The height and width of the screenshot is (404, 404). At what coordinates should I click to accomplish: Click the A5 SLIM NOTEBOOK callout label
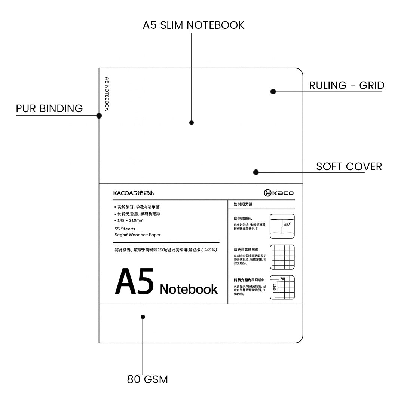pos(193,25)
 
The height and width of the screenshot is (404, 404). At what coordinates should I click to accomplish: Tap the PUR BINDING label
pos(49,108)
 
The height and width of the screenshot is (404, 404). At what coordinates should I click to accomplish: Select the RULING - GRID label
pos(346,85)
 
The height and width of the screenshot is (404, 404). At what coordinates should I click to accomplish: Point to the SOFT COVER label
pos(349,166)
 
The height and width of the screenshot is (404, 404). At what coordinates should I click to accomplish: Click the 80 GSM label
pos(147,379)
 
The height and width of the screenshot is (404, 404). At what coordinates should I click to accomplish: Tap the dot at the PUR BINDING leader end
pos(99,116)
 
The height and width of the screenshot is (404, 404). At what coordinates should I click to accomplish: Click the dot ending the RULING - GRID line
pos(273,91)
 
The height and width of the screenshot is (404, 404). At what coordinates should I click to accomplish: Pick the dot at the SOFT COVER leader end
pos(256,172)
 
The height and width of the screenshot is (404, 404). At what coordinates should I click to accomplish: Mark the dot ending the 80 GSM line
pos(143,317)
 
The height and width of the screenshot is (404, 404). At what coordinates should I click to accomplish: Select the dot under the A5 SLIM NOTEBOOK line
pos(192,123)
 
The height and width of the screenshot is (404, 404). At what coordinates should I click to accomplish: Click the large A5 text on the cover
pos(134,282)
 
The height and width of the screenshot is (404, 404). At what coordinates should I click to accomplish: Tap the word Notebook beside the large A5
pos(189,289)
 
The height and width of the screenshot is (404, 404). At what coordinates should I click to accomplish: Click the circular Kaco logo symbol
pos(267,193)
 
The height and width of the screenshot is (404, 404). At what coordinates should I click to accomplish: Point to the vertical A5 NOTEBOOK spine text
pos(107,94)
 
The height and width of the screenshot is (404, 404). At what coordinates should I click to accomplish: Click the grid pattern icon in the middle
pos(282,257)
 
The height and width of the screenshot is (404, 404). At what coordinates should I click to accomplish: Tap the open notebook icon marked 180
pos(282,226)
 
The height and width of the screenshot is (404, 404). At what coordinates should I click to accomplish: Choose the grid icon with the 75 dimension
pos(282,287)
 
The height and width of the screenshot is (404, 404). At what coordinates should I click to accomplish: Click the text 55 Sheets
pos(125,228)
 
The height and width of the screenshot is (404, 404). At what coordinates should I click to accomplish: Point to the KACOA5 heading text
pos(134,193)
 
